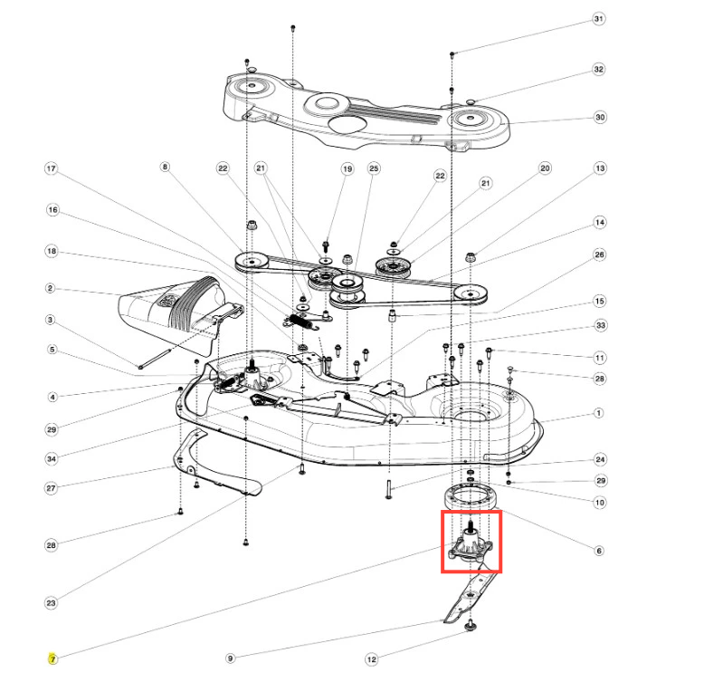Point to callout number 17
(51, 169)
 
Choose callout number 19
(347, 169)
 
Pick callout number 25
(374, 169)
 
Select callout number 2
(51, 289)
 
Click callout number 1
(598, 413)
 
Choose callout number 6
(598, 550)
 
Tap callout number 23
(51, 603)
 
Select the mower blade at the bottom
(471, 601)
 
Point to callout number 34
(51, 459)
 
